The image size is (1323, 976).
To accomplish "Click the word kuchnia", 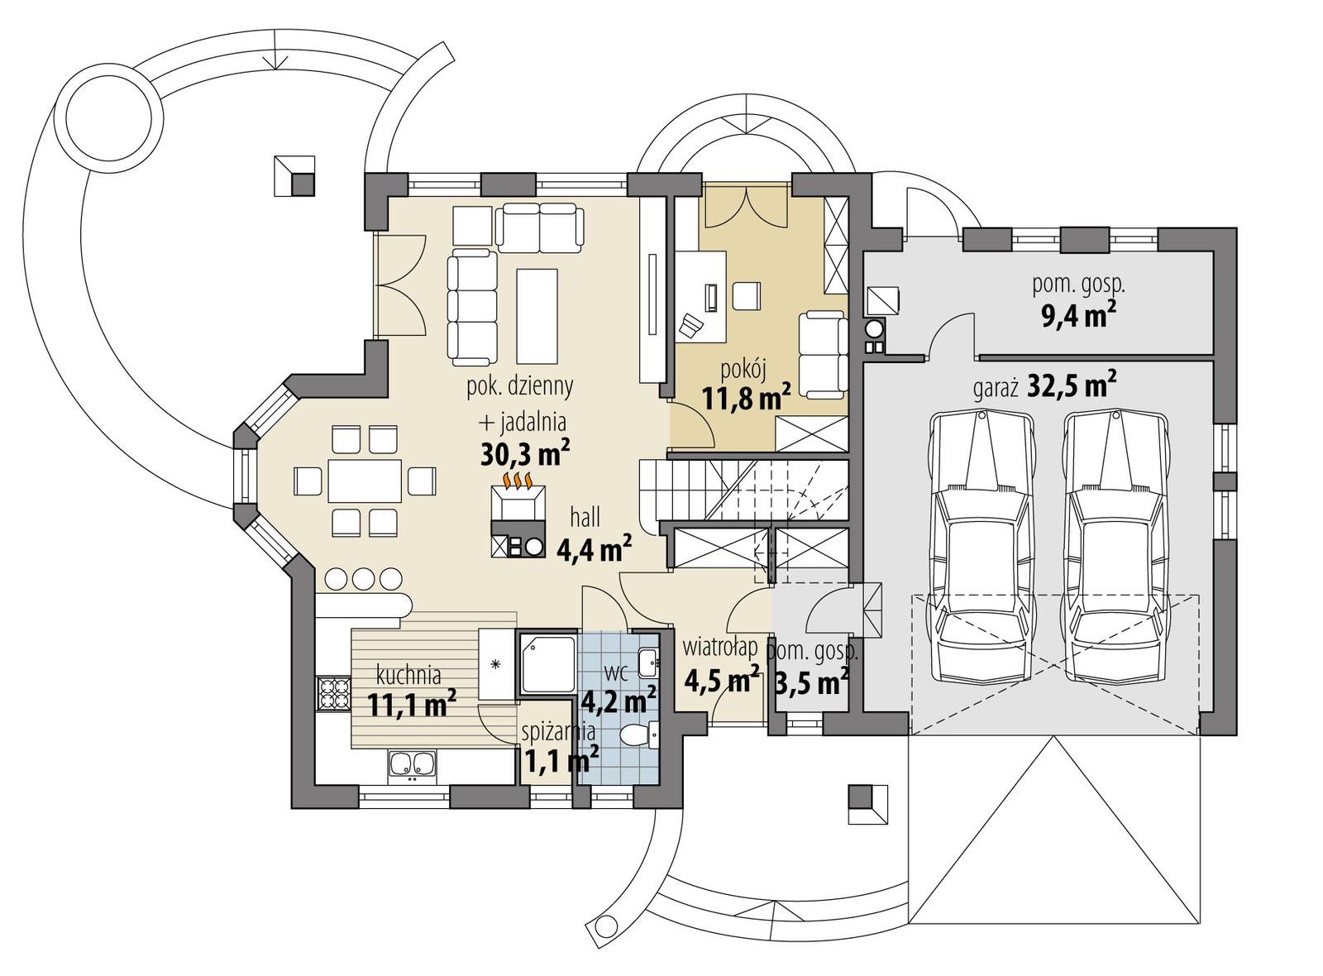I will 407,673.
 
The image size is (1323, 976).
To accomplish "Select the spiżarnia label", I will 558,731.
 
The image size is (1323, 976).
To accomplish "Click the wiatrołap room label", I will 720,648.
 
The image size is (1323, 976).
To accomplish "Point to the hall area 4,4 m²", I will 595,549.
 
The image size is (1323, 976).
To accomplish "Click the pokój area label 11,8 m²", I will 746,398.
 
